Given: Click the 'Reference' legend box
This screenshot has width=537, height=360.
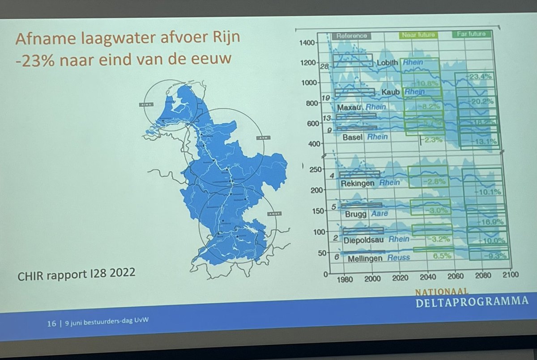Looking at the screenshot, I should point(352,35).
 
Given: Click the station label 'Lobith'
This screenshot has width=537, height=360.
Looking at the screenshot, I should point(388,63).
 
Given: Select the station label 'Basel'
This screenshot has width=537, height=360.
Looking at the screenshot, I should point(353,137).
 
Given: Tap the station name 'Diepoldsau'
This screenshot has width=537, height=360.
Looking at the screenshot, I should point(365,239).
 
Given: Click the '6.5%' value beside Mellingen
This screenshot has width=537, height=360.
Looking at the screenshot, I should point(441,256).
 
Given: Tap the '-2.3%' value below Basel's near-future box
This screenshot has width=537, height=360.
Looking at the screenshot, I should point(431,140).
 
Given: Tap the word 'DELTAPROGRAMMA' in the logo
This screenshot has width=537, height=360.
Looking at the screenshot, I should point(470,301).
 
